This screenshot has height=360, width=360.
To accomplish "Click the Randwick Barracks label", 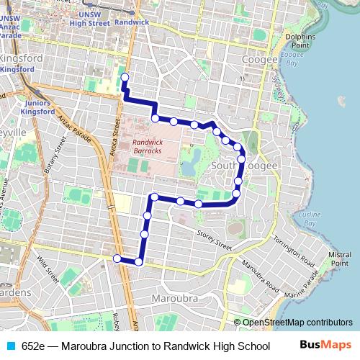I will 148,147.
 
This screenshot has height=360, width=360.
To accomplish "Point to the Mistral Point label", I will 339,258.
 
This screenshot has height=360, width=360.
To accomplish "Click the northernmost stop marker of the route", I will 124,77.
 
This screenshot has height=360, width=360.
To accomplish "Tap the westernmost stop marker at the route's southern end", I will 117,258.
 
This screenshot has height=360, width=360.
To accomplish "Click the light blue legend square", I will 10,345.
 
